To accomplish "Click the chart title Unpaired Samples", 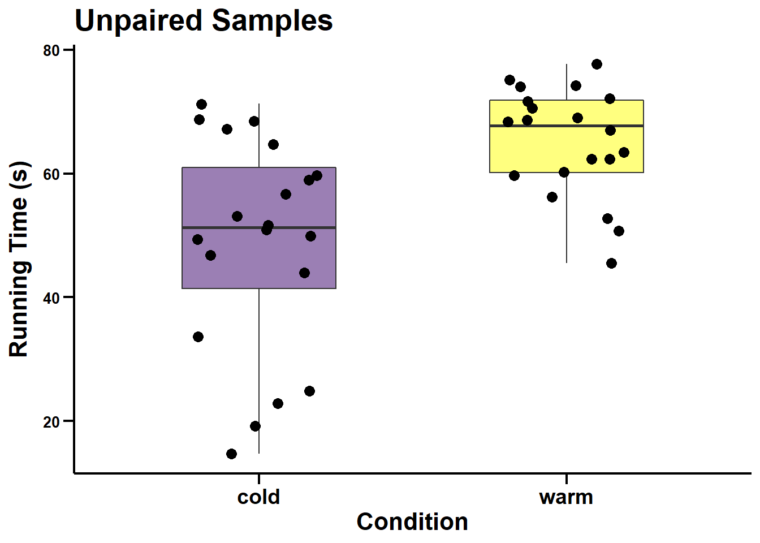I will [204, 21].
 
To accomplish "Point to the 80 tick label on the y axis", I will [51, 51].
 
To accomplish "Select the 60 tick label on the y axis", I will [51, 174].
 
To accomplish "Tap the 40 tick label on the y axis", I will [51, 298].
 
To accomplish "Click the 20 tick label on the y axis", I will [51, 422].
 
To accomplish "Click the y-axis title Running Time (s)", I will [19, 259].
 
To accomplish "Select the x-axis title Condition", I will [412, 522].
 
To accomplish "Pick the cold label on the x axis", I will [258, 497].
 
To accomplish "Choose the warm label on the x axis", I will [566, 497].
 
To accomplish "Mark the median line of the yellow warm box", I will [543, 126].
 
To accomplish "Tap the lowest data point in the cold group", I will [231, 454].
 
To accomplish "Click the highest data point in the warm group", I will [597, 64].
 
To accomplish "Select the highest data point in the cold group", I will [201, 104].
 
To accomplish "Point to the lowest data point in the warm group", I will [611, 263].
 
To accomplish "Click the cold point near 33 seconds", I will [198, 337].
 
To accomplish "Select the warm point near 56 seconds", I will [552, 197].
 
